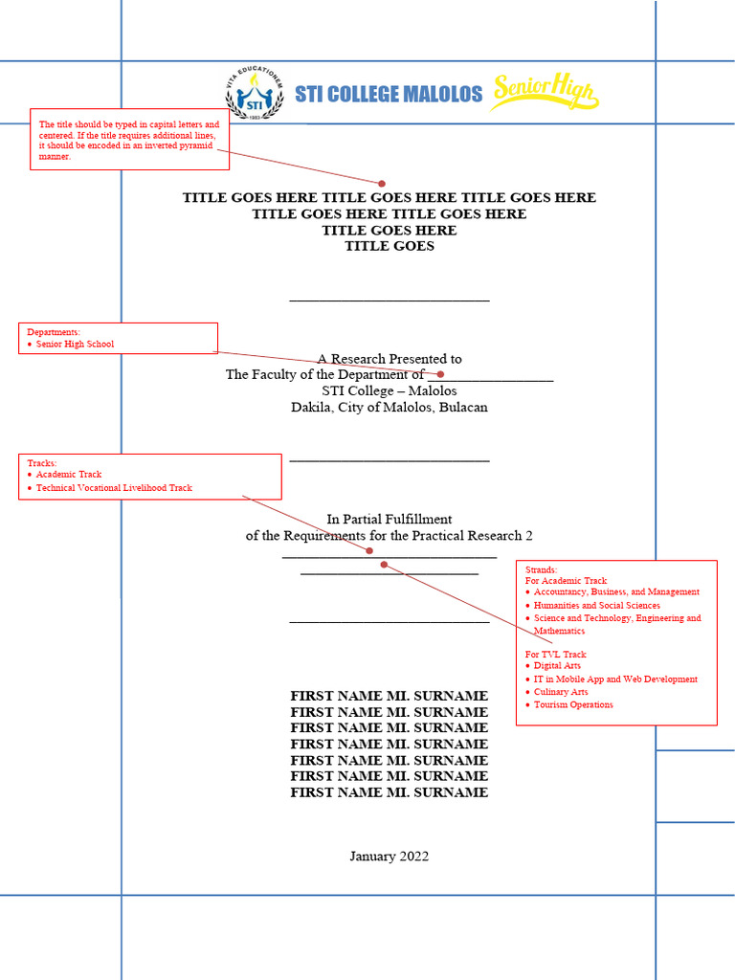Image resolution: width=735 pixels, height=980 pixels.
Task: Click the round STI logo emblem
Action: tap(254, 94)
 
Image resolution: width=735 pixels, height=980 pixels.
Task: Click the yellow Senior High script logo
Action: tap(544, 93)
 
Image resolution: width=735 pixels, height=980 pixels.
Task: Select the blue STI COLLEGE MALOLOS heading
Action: tap(389, 94)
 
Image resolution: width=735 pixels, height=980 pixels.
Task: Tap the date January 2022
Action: tap(389, 857)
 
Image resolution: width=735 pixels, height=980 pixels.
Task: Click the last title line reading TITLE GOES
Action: tap(389, 246)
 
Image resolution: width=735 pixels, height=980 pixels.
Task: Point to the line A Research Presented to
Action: tap(389, 359)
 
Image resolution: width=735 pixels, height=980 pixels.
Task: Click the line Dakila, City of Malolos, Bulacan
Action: tap(389, 407)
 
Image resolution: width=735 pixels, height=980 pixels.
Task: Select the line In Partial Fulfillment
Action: tap(389, 520)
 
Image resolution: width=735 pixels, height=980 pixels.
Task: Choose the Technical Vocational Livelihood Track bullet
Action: tap(113, 488)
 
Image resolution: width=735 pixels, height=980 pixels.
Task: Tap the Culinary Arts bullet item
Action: tap(561, 692)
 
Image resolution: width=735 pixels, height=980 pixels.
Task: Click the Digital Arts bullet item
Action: tap(557, 665)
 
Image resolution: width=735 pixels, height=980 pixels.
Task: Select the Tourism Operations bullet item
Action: tap(573, 705)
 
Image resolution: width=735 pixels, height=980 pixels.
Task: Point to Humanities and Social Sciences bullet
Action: tap(596, 606)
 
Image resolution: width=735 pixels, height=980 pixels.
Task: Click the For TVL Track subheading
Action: tap(555, 655)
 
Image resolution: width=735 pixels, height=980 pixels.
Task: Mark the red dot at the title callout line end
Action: tap(381, 183)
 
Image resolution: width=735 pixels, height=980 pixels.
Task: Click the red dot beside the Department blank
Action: tap(440, 374)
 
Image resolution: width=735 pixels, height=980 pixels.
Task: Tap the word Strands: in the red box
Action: tap(541, 569)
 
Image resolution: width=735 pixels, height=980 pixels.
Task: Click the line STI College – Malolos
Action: tap(389, 390)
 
